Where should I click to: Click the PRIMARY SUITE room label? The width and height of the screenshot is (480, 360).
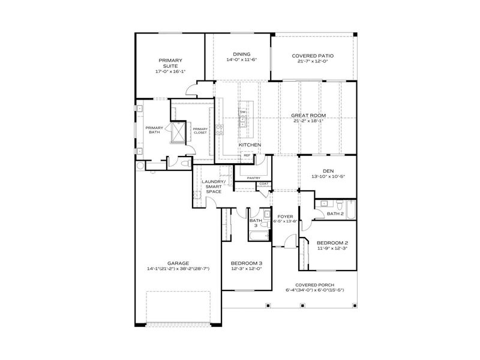point(170,63)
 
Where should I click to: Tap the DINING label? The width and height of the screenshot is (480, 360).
point(242,53)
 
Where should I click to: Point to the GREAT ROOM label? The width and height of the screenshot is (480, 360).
point(308,115)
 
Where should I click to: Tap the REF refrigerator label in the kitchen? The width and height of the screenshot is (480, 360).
point(246,155)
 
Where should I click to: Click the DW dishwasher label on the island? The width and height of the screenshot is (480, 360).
point(243,112)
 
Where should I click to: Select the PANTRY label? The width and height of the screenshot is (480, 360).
point(253,178)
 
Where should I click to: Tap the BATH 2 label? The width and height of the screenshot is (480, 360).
point(335,214)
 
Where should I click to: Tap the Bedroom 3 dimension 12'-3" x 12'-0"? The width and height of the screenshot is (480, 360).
point(247,269)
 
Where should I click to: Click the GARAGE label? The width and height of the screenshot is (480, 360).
point(178,263)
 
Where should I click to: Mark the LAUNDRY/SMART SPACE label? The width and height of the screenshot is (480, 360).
point(213,186)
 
